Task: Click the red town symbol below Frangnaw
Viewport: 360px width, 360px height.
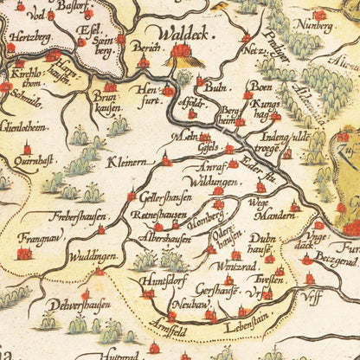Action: [24, 253]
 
